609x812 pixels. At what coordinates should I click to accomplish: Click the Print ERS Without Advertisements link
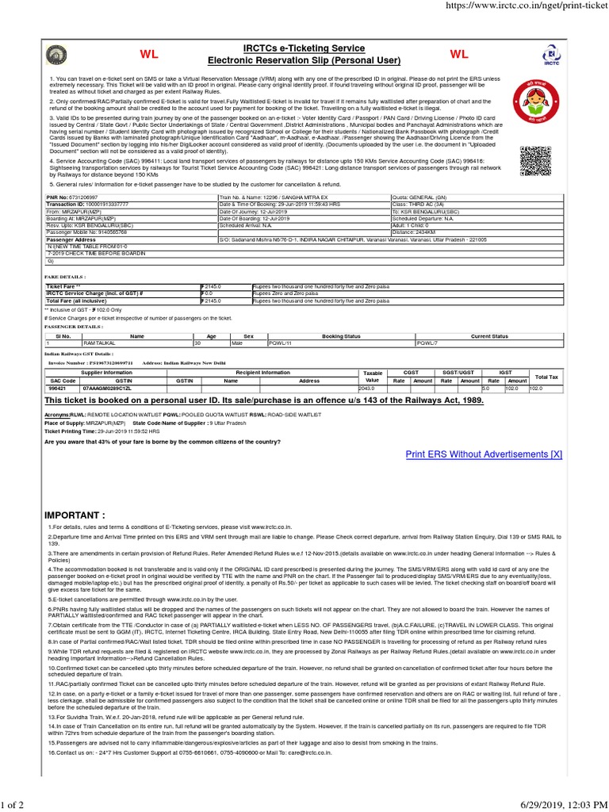[484, 454]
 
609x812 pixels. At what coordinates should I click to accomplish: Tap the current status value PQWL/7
[429, 343]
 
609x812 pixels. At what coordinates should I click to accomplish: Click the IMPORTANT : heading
[75, 515]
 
